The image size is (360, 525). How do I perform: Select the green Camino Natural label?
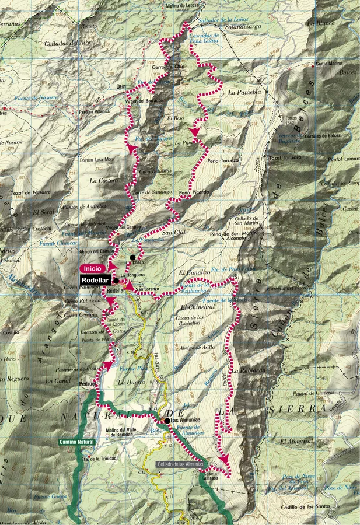tap(76, 442)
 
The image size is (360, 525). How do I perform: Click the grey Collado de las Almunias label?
tap(180, 464)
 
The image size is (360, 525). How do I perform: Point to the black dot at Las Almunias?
tap(167, 420)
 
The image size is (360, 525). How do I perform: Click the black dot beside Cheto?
tap(133, 257)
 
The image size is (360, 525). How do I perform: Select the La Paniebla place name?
tap(242, 92)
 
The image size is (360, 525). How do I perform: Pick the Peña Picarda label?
tap(193, 192)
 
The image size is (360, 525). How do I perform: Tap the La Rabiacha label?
tap(249, 370)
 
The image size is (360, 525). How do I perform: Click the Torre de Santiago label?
tap(152, 192)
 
